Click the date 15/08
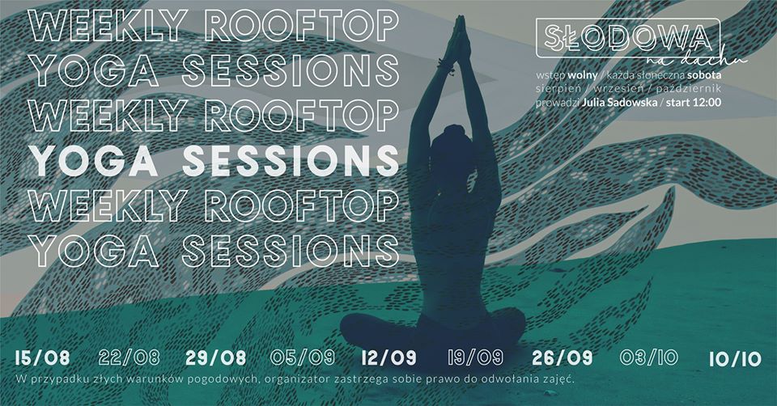[42, 358]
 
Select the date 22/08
[129, 357]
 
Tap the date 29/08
[215, 358]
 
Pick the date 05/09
[302, 357]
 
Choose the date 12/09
[389, 358]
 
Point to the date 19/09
[476, 357]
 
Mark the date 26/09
[563, 358]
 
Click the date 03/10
[648, 357]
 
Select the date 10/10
[735, 359]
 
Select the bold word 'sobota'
[704, 75]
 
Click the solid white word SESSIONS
[291, 162]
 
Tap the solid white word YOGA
[94, 162]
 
